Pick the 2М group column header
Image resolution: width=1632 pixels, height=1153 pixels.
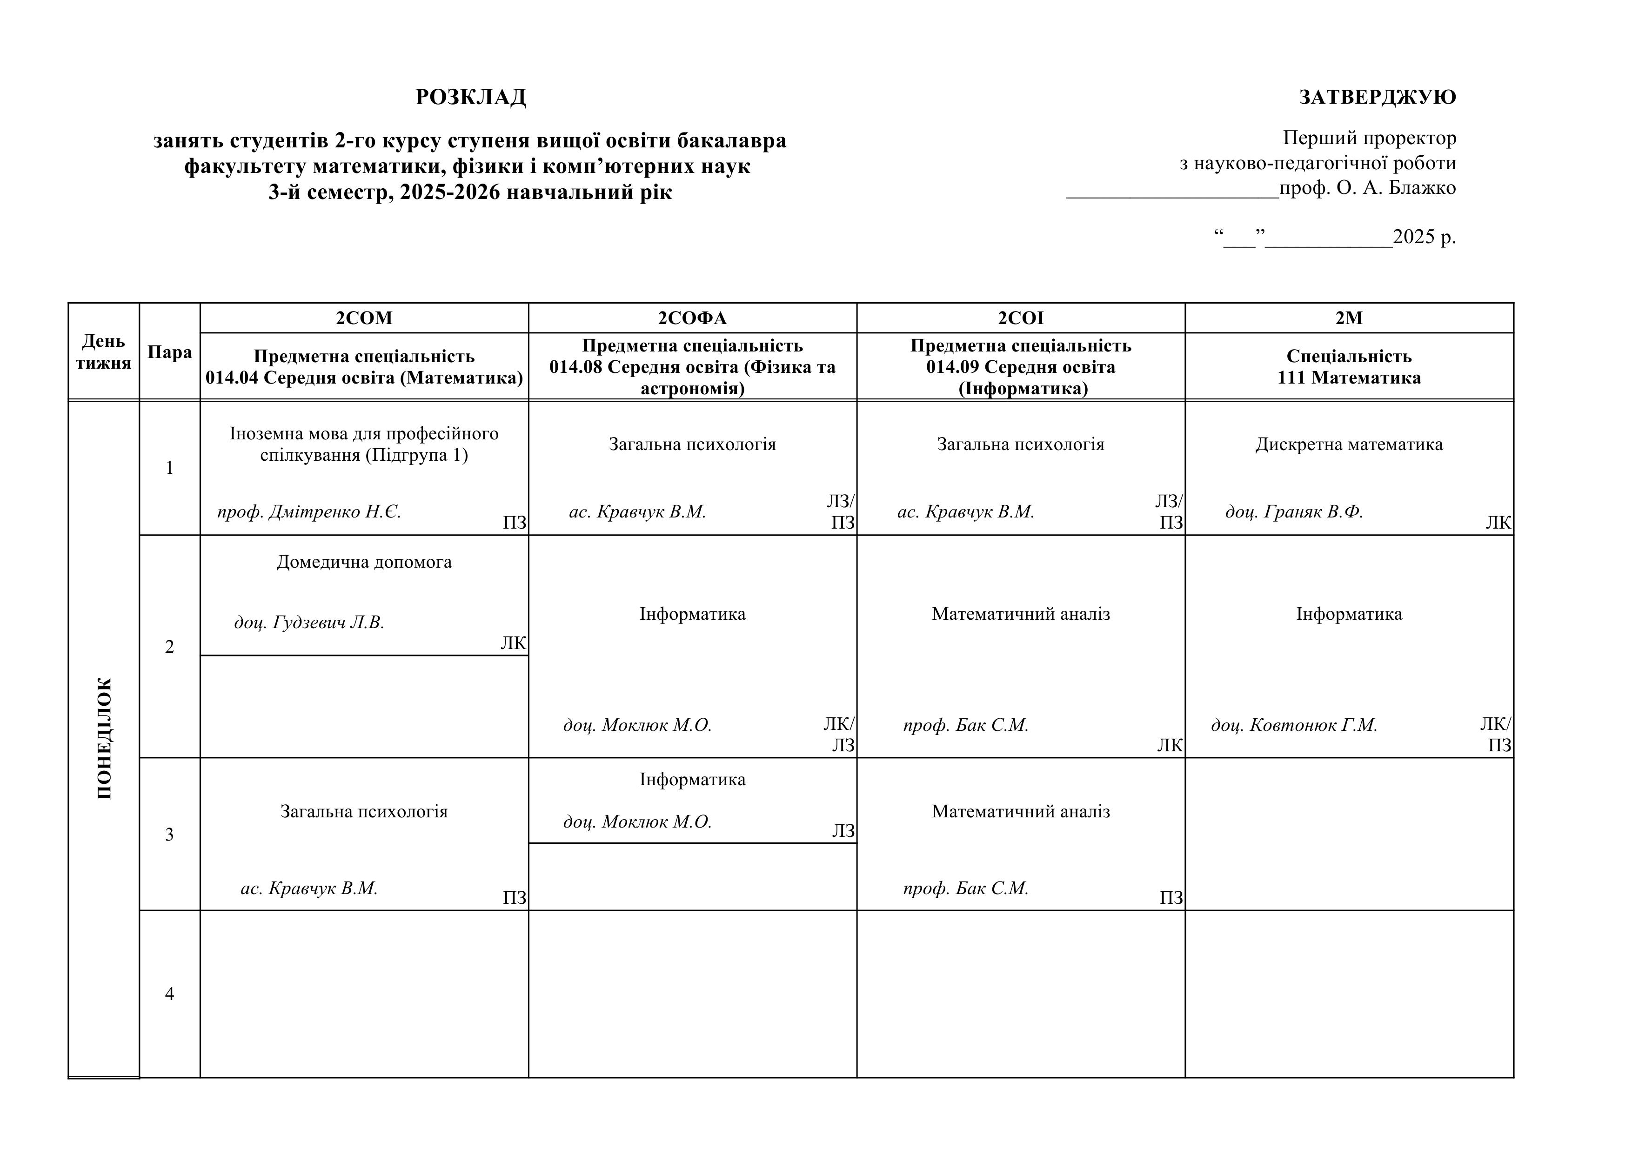(x=1349, y=318)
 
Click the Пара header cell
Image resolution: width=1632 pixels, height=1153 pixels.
(x=170, y=352)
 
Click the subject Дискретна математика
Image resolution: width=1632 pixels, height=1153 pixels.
(x=1349, y=445)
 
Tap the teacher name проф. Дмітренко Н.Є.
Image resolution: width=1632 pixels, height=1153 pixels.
(x=309, y=512)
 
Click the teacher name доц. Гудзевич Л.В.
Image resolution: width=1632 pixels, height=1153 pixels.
(x=309, y=623)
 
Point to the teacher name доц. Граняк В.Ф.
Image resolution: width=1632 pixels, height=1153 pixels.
(x=1294, y=512)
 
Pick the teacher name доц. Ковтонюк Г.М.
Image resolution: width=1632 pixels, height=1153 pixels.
(x=1294, y=725)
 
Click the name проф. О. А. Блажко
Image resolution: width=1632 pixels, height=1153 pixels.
(x=1368, y=188)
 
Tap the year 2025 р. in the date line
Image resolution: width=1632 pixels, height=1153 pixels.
(x=1424, y=237)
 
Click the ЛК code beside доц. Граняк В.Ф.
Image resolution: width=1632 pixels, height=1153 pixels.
(x=1498, y=523)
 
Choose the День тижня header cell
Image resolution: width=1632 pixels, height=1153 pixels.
(x=104, y=352)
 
